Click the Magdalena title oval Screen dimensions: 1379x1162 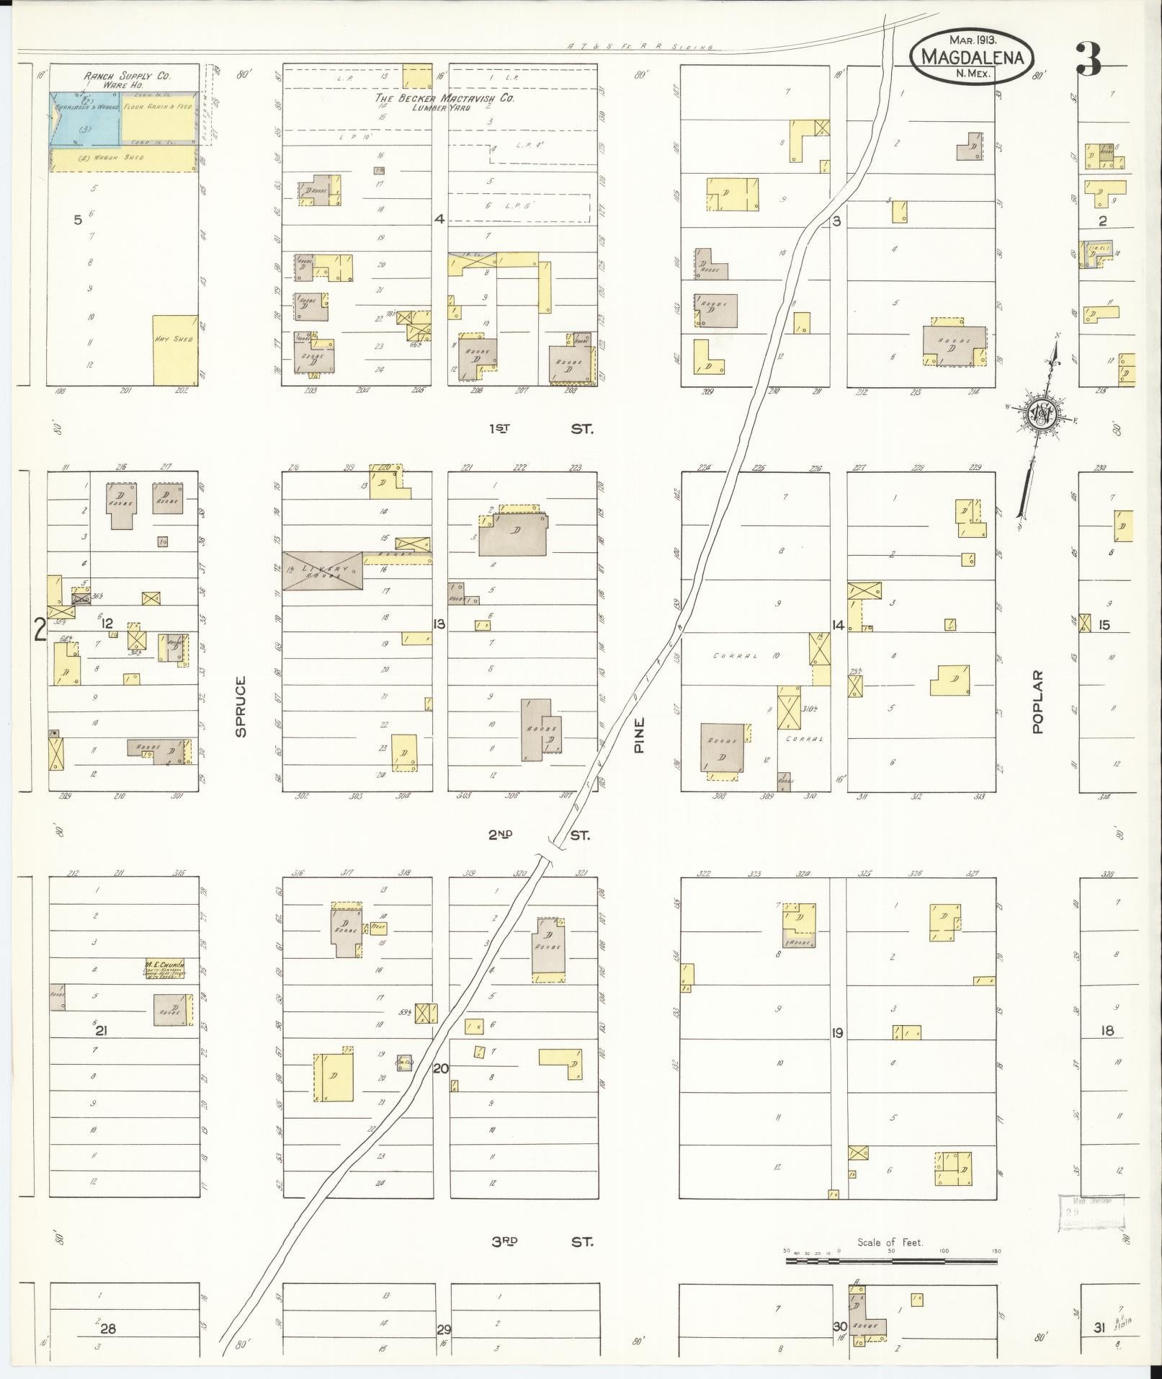[971, 56]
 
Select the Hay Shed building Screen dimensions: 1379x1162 [174, 350]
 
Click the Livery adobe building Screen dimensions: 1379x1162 [322, 571]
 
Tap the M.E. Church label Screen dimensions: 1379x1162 [164, 964]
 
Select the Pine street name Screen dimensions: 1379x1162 [639, 735]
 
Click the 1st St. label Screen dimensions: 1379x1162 [540, 428]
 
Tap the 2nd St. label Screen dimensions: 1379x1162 [539, 835]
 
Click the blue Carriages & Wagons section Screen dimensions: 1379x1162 [85, 120]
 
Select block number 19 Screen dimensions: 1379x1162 [837, 1033]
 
